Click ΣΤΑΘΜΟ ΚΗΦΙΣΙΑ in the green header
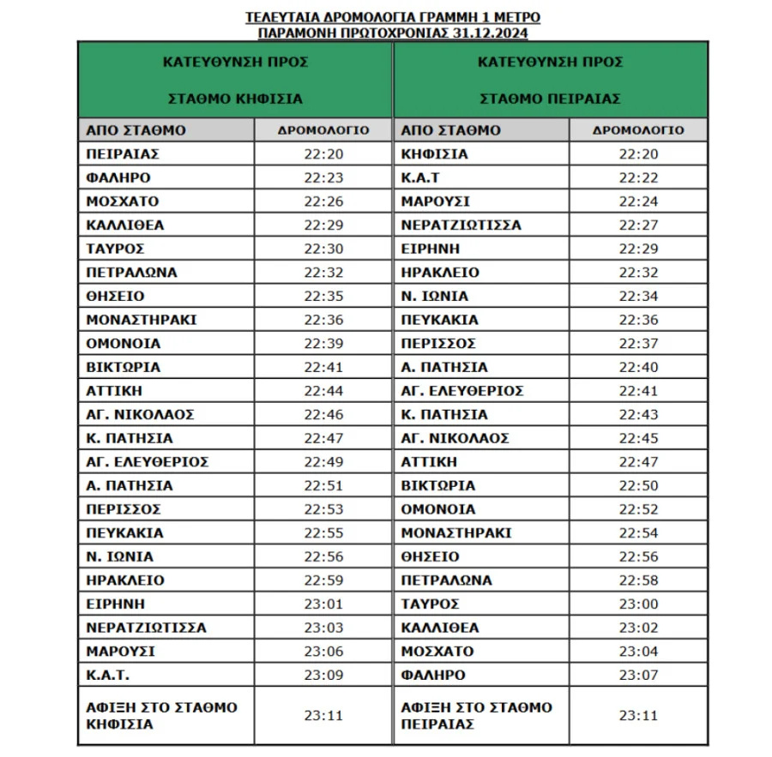(x=235, y=99)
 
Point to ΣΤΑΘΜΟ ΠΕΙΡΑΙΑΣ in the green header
(x=550, y=99)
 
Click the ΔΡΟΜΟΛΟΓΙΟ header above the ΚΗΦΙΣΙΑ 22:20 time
(x=323, y=130)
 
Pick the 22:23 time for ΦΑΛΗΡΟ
(x=323, y=178)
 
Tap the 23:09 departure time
(x=323, y=675)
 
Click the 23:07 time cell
(x=638, y=675)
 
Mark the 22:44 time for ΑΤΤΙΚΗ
(x=323, y=391)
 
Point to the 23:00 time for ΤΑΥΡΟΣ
(x=638, y=604)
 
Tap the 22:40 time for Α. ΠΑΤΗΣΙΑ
(x=638, y=367)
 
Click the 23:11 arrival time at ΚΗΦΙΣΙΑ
(x=323, y=715)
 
